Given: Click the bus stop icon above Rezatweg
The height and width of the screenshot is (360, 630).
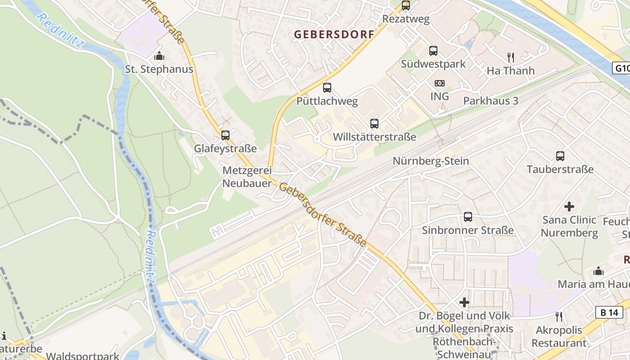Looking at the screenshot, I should pyautogui.click(x=406, y=5).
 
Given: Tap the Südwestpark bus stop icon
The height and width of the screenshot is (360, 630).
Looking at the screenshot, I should pyautogui.click(x=433, y=51).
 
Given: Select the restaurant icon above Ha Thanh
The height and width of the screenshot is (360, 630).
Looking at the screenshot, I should pyautogui.click(x=511, y=57).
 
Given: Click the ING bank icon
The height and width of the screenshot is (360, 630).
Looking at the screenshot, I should pyautogui.click(x=440, y=83).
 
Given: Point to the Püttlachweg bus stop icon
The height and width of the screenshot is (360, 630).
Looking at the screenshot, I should pyautogui.click(x=327, y=88).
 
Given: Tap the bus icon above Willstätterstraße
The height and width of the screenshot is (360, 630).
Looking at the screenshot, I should pyautogui.click(x=374, y=123).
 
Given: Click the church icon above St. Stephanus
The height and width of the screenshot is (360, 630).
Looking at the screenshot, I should pyautogui.click(x=159, y=56).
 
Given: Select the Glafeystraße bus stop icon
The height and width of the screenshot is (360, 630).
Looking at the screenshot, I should pyautogui.click(x=225, y=135).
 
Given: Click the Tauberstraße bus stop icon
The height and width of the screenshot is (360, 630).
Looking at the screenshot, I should pyautogui.click(x=560, y=156).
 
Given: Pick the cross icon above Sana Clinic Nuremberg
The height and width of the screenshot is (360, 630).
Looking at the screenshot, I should pyautogui.click(x=569, y=207).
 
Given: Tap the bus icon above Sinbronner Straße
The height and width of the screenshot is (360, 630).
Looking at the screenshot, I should pyautogui.click(x=468, y=217).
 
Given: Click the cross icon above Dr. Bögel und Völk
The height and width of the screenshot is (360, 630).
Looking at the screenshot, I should pyautogui.click(x=464, y=302).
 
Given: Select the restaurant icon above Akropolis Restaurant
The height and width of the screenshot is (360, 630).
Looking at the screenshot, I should pyautogui.click(x=559, y=317).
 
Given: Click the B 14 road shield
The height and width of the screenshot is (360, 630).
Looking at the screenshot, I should pyautogui.click(x=610, y=312).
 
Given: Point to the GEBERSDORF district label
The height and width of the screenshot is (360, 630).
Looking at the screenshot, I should pyautogui.click(x=334, y=34).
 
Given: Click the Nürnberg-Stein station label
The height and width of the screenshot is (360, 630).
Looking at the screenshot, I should pyautogui.click(x=431, y=161).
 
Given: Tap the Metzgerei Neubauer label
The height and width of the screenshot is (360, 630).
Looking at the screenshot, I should pyautogui.click(x=247, y=177).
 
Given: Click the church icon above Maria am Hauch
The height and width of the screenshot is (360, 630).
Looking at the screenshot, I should pyautogui.click(x=598, y=271).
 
